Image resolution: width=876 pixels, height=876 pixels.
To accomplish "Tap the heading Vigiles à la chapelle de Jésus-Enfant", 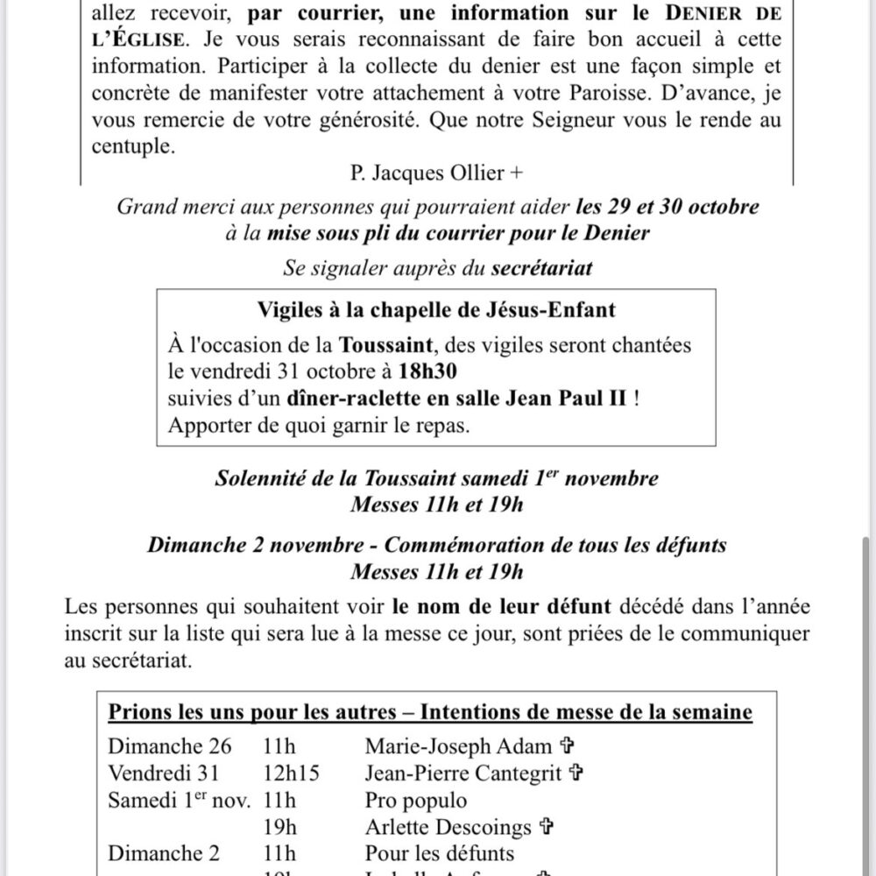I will coord(436,309).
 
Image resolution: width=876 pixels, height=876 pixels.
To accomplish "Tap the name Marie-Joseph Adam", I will coord(458,746).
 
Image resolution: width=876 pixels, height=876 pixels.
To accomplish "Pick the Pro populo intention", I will coord(415,800).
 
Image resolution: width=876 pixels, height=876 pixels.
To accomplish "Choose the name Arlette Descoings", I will coord(449,826).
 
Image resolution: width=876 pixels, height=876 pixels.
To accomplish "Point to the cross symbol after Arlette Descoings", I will coord(547,826).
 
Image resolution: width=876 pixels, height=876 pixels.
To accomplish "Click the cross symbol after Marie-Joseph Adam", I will coord(566,746).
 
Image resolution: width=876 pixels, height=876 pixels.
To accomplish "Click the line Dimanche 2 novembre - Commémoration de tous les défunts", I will coord(437,546).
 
